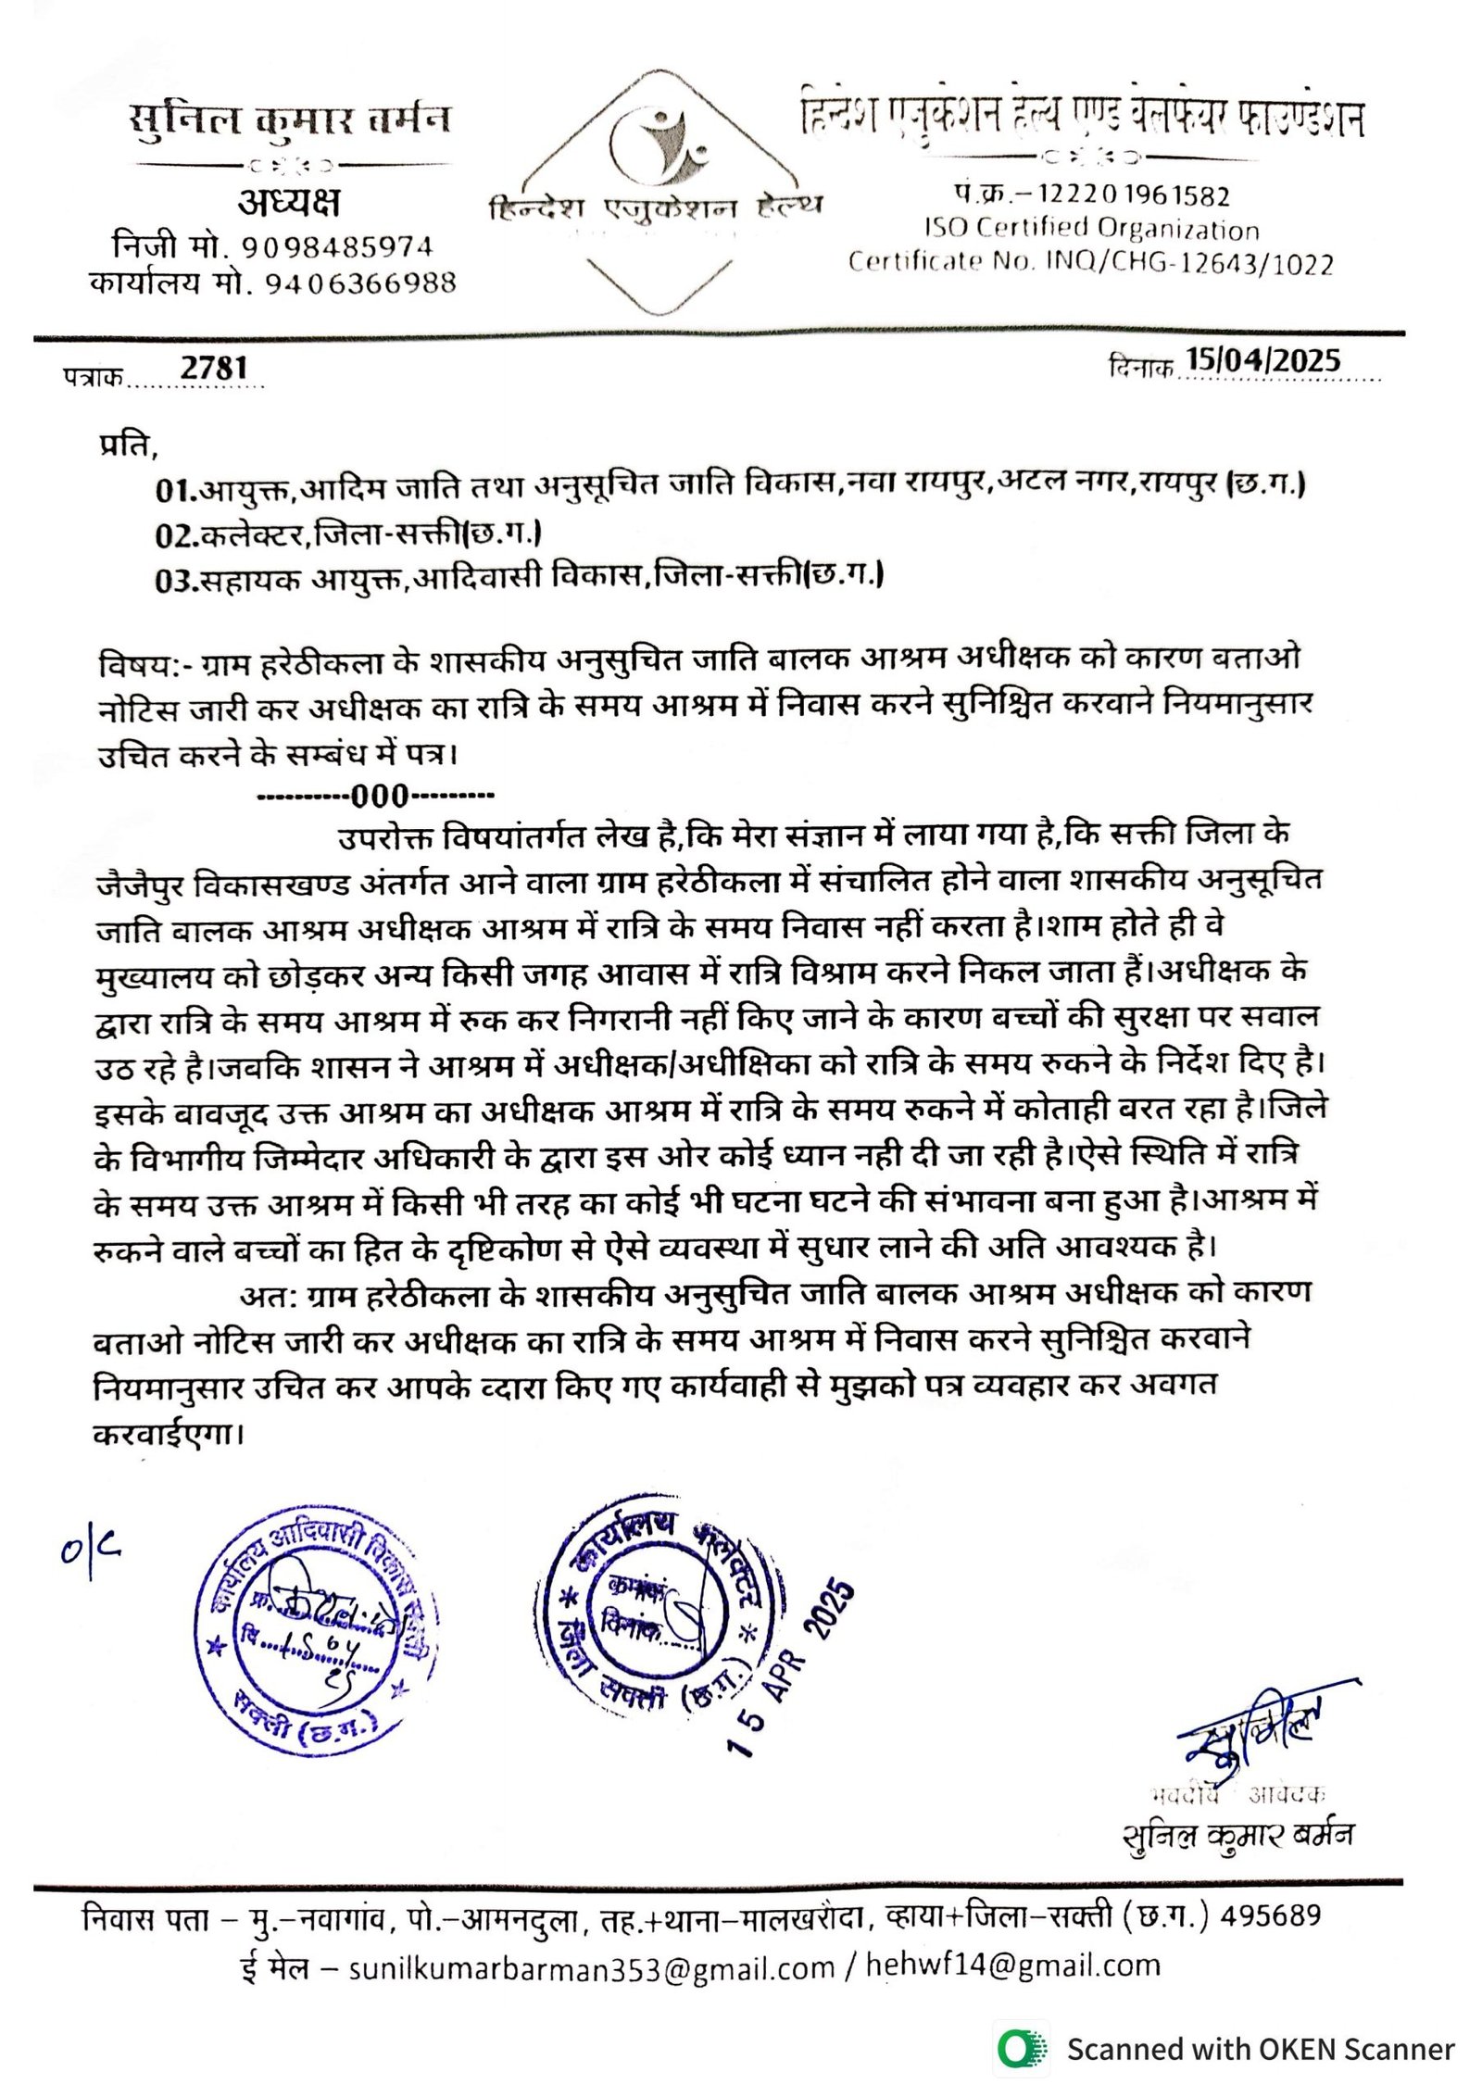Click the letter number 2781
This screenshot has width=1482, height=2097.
214,368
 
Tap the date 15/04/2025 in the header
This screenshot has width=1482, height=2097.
1262,360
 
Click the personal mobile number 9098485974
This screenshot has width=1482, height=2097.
337,247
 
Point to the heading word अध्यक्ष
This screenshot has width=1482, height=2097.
289,202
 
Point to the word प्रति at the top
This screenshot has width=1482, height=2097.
127,446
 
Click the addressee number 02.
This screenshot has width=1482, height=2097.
175,535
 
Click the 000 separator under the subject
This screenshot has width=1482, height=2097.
379,796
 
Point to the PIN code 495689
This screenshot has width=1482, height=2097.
1270,1916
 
